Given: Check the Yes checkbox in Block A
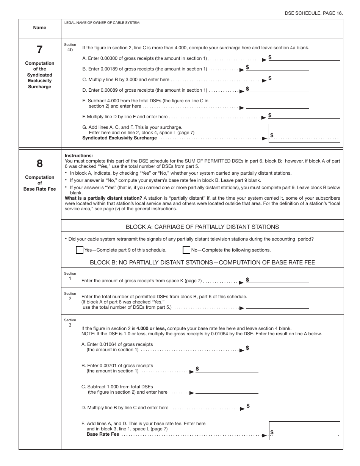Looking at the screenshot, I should pyautogui.click(x=80, y=250).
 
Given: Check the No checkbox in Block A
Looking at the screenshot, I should pyautogui.click(x=186, y=250).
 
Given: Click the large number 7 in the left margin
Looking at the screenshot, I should pyautogui.click(x=39, y=50).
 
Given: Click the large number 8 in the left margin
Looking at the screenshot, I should pyautogui.click(x=39, y=164).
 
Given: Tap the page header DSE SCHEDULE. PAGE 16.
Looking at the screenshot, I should pyautogui.click(x=314, y=13).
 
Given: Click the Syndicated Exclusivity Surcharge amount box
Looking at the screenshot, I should pyautogui.click(x=304, y=134).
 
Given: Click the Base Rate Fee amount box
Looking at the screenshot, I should pyautogui.click(x=304, y=431).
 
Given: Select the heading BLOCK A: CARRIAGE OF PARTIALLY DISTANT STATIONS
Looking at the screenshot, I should pyautogui.click(x=202, y=227).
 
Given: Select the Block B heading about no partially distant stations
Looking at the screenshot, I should pyautogui.click(x=202, y=263).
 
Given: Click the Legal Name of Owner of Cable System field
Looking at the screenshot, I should pyautogui.click(x=203, y=30).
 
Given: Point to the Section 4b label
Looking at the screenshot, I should pyautogui.click(x=70, y=47).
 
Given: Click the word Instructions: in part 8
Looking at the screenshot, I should pyautogui.click(x=78, y=156).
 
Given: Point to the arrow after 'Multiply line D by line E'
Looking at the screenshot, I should pyautogui.click(x=264, y=117).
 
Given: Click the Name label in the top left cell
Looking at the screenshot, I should pyautogui.click(x=39, y=28).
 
